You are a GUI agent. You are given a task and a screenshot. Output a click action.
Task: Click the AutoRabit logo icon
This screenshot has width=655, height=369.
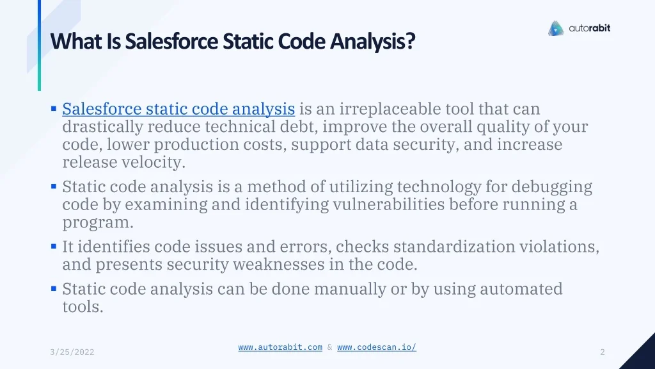tap(556, 28)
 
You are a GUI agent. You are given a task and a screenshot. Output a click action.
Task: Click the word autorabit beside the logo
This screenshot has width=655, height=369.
tap(589, 28)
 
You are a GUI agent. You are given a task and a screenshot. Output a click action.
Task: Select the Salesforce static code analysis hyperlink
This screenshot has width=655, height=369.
tap(179, 109)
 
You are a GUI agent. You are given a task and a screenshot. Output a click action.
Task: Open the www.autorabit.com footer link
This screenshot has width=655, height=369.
tap(280, 347)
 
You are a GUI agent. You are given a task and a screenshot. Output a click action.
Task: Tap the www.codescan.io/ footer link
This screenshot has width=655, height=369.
tap(377, 347)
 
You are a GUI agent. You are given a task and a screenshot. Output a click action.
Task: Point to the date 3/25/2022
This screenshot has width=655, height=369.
tap(72, 352)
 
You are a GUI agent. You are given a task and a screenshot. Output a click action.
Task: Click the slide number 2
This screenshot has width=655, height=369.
tap(603, 352)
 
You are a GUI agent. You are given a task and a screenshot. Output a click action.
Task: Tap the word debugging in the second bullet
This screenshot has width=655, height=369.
tap(552, 187)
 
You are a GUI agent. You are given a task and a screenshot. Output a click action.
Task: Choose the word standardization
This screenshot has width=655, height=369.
tap(454, 247)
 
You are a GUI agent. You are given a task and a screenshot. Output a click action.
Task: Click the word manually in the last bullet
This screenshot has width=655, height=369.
tap(350, 289)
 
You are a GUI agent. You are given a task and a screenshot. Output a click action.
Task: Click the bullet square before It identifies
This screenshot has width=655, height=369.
tap(54, 246)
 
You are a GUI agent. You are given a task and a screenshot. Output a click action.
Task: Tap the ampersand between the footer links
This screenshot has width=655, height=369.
tap(329, 347)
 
